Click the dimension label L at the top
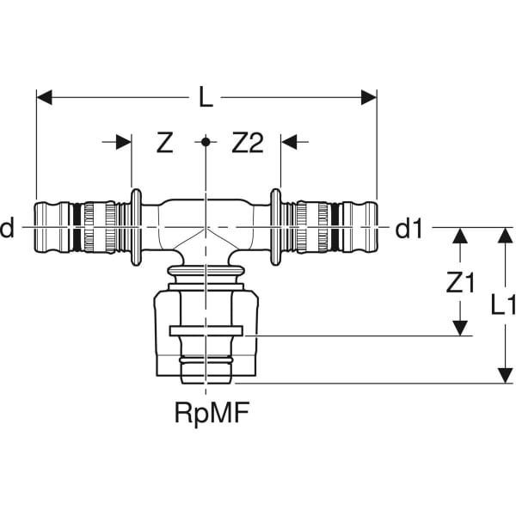coord(206,98)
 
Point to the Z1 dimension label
coord(461,283)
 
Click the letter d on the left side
coord(8,229)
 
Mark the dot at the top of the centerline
coord(206,142)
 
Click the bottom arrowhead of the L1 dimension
coord(503,376)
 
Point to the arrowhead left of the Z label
coord(125,143)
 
